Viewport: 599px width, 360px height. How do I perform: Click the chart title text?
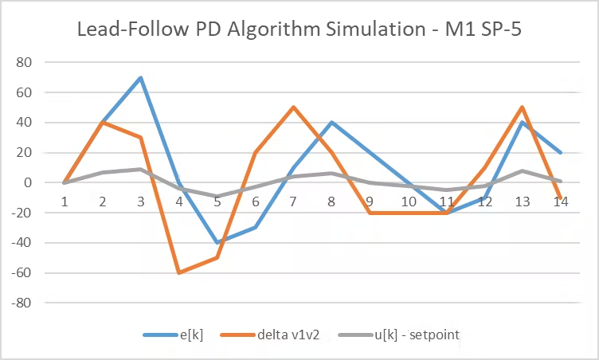[299, 31]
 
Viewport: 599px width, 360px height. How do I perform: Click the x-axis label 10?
[409, 202]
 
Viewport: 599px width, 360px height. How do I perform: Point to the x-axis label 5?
[217, 202]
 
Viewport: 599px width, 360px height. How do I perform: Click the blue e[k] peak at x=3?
[141, 77]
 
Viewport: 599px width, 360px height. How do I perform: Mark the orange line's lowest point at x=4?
[179, 273]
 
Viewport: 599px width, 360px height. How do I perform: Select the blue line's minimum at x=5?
[217, 243]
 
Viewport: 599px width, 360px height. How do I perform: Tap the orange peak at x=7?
[294, 107]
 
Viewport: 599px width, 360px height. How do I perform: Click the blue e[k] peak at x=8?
[332, 122]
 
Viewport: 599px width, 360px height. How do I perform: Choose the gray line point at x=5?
[217, 196]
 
